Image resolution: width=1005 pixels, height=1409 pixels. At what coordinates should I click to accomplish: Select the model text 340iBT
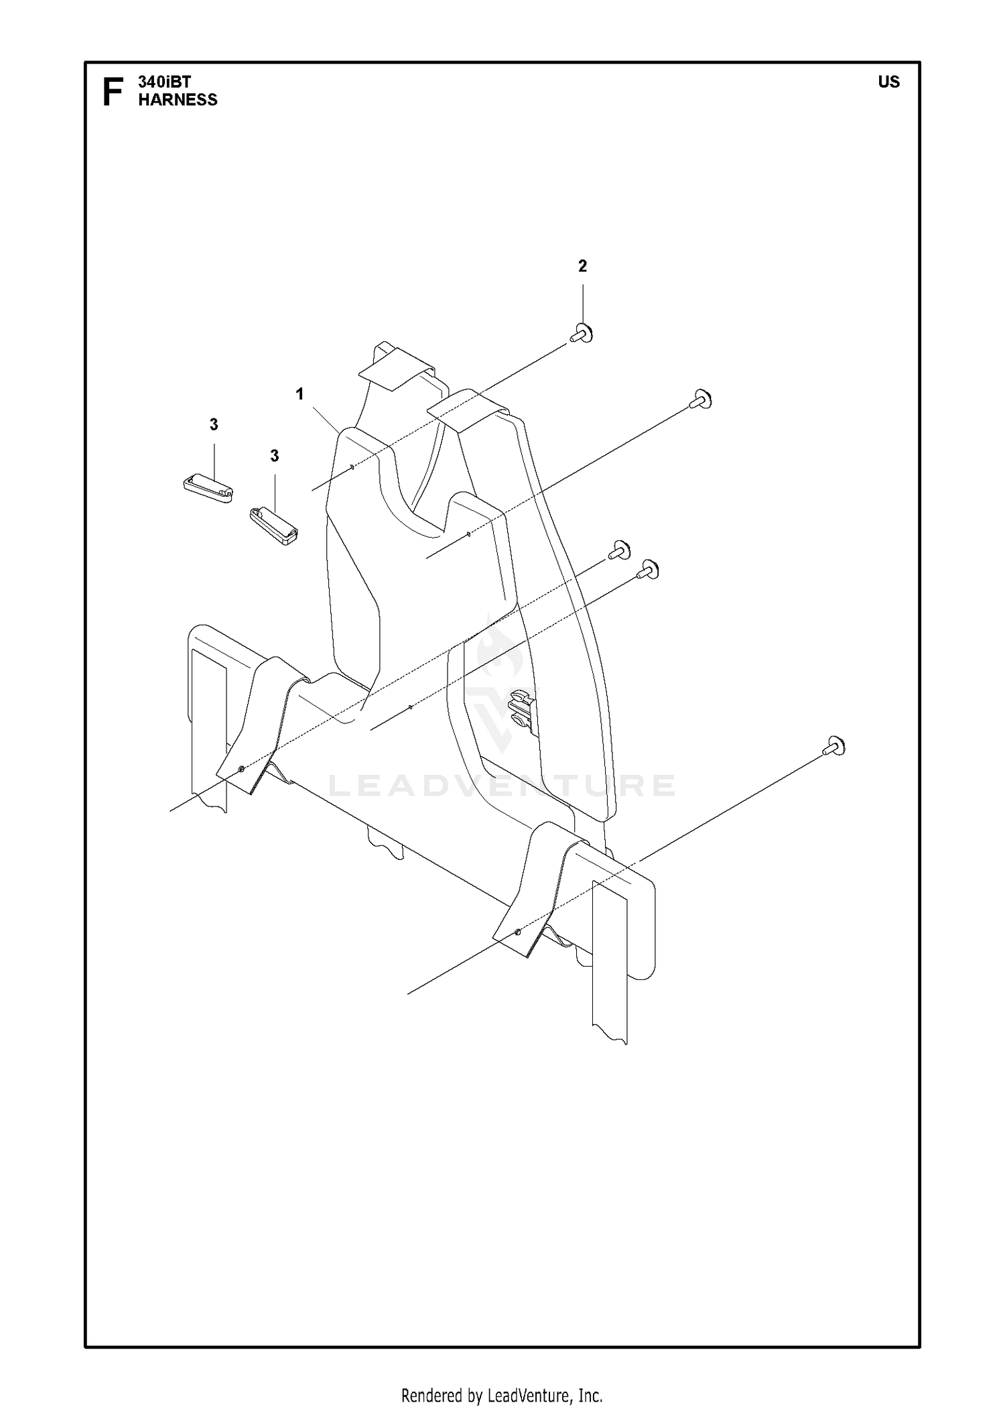165,82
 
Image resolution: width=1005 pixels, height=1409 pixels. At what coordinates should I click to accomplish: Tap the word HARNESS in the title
178,100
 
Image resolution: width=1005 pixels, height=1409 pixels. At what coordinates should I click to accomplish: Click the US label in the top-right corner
889,82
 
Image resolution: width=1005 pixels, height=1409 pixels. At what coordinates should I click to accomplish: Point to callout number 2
582,266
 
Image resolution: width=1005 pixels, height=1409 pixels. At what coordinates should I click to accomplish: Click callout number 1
299,394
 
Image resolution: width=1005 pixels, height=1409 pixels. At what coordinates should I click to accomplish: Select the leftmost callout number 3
214,424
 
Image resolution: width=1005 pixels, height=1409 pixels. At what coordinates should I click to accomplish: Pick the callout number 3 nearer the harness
274,456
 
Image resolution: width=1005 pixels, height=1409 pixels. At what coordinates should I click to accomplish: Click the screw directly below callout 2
582,334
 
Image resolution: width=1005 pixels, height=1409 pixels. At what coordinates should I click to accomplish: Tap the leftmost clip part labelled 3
208,488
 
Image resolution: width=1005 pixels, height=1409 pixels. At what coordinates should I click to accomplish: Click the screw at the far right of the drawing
834,747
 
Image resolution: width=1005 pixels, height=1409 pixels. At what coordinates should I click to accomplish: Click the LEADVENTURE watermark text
503,786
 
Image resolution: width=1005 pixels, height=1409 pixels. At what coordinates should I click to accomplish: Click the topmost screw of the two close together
619,550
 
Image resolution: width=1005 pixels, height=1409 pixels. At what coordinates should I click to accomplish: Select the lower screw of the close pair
648,570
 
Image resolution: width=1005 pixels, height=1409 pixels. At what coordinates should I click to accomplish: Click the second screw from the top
700,400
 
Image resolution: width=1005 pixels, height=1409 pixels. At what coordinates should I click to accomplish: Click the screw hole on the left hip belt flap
241,769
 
